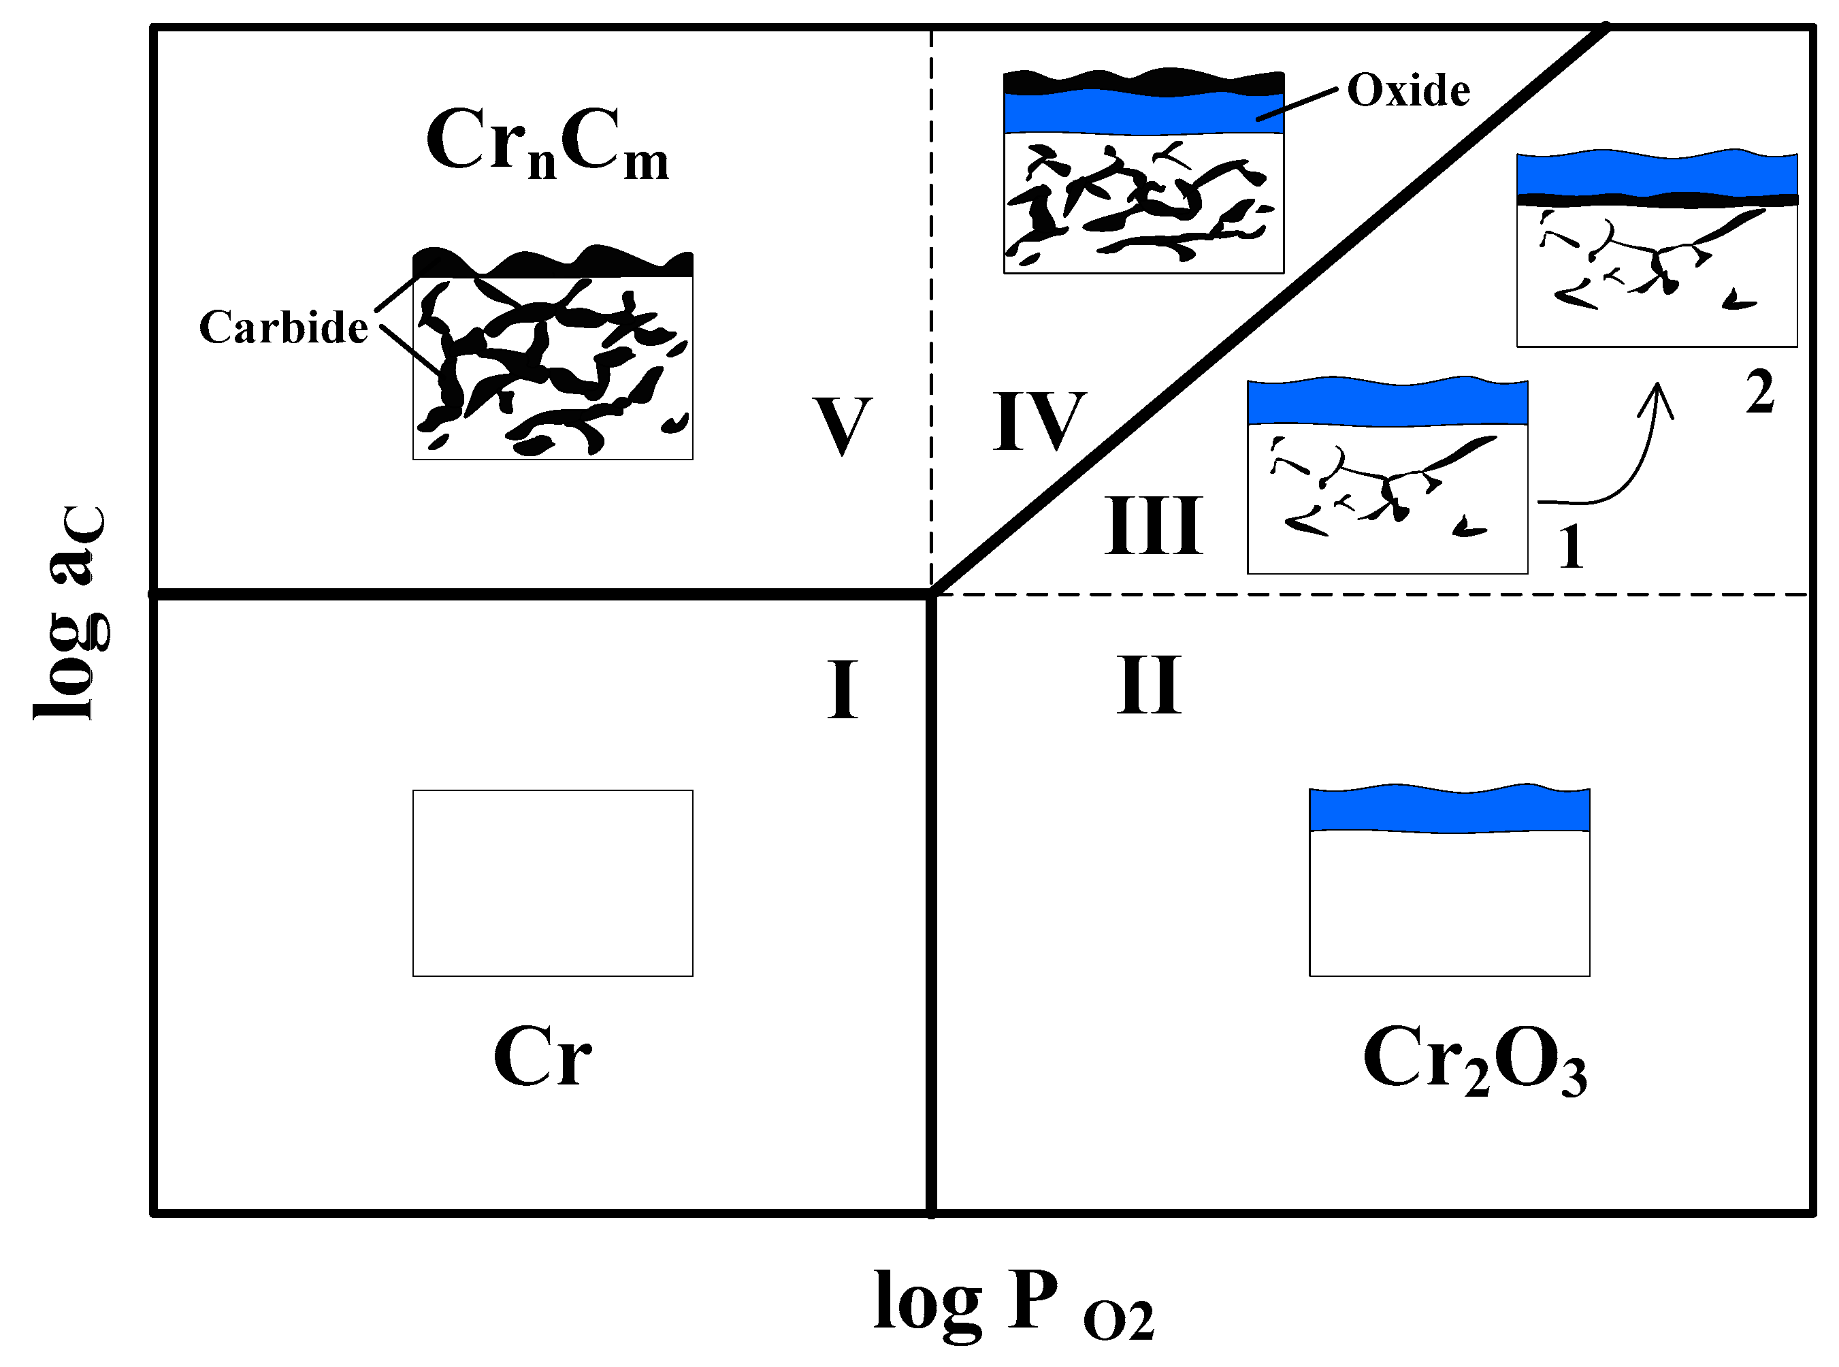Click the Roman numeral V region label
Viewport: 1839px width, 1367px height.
click(x=841, y=426)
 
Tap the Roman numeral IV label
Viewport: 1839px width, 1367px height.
click(x=1039, y=421)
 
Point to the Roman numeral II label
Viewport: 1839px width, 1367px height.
click(x=1148, y=684)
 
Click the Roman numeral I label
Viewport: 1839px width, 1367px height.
click(x=842, y=690)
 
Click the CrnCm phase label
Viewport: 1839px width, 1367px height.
click(x=547, y=142)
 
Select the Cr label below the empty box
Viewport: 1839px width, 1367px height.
click(x=542, y=1057)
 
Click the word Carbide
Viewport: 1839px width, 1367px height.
click(x=283, y=327)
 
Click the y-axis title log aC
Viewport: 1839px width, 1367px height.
click(x=73, y=612)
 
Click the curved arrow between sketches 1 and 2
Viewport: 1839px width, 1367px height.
click(x=1621, y=464)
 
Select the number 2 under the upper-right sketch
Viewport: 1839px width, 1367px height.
click(x=1759, y=391)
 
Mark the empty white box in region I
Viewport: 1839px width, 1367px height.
click(x=553, y=883)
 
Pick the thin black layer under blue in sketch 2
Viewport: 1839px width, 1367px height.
click(x=1656, y=199)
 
